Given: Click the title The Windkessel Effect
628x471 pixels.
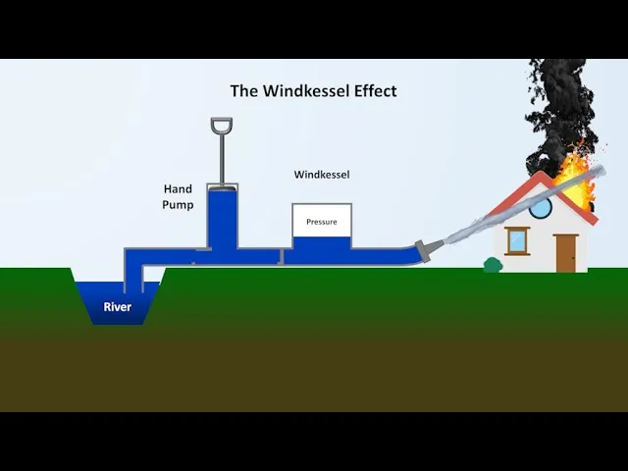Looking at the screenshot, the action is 313,90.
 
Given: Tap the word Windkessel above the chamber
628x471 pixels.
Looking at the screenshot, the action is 322,175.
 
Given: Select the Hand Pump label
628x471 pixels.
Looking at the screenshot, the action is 178,196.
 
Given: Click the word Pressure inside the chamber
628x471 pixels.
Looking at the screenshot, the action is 321,222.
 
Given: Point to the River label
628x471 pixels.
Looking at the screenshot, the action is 118,307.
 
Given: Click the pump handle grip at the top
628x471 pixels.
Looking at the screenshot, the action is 222,127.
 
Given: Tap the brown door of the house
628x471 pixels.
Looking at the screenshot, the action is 565,253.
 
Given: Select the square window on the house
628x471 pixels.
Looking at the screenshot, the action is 517,240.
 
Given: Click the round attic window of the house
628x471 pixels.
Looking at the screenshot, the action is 541,208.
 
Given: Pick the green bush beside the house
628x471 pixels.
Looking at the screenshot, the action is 493,264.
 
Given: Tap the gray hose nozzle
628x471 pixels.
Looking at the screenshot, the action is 428,249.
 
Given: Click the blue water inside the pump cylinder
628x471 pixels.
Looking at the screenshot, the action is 222,221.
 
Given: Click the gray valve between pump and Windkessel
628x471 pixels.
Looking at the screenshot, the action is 282,256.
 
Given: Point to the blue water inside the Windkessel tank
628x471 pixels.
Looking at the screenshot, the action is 321,246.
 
